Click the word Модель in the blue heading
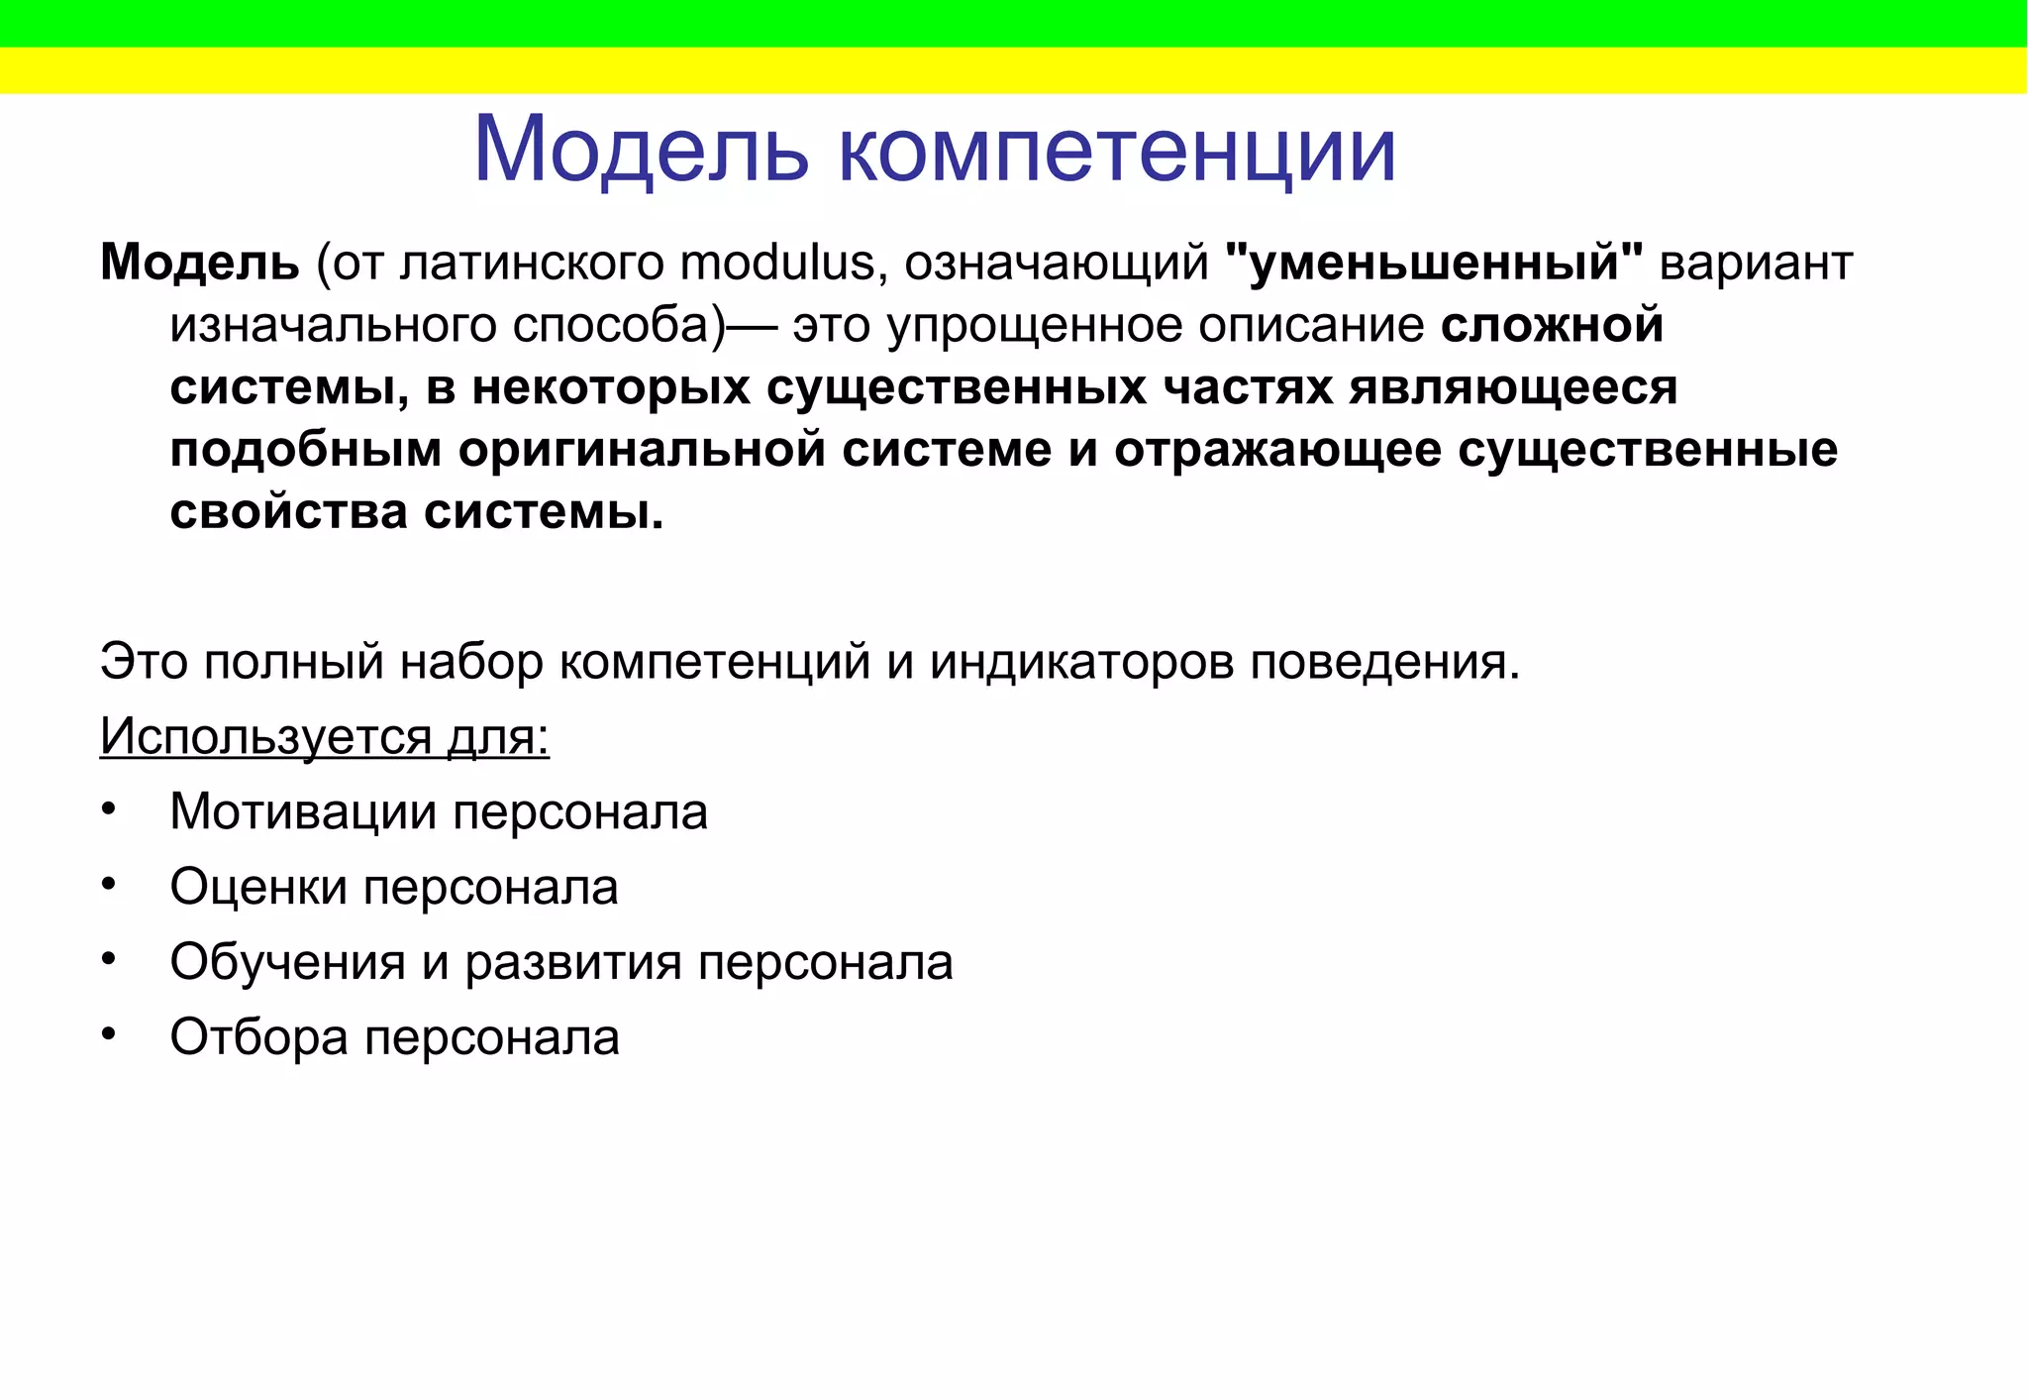coord(641,151)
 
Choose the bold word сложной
coord(1552,326)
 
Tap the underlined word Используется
coord(266,737)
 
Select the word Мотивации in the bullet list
coord(303,812)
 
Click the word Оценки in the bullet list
coord(258,887)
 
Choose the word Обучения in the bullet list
coord(287,962)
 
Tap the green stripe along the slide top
coord(1014,23)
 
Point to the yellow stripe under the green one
coord(1014,70)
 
